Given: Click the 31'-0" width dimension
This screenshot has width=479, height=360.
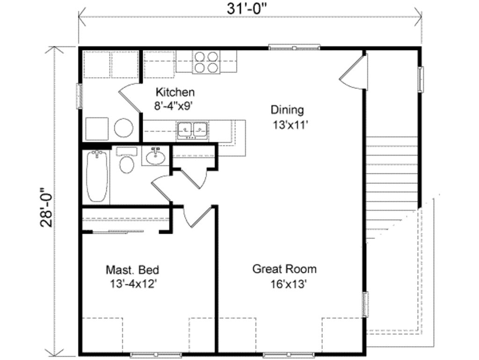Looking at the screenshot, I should click(x=250, y=9).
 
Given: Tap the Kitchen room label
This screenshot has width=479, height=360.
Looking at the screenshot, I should click(x=175, y=92).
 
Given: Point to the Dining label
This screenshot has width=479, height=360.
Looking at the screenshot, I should click(x=287, y=110).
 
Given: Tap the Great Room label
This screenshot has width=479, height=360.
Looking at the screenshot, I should click(x=284, y=269).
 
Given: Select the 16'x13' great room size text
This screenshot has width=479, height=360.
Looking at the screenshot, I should click(x=288, y=284).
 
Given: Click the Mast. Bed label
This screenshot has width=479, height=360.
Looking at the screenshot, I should click(x=132, y=270).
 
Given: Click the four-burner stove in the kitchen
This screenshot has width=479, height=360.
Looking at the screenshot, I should click(x=206, y=62).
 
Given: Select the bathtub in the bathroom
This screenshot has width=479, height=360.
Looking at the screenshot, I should click(x=97, y=175).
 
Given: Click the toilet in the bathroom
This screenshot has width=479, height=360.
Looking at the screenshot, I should click(x=126, y=161).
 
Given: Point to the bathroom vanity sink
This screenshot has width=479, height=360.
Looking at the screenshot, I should click(x=154, y=157).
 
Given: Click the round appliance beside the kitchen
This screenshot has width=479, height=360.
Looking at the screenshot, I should click(x=124, y=127).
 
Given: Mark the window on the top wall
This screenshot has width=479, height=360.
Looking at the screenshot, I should click(x=294, y=47).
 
